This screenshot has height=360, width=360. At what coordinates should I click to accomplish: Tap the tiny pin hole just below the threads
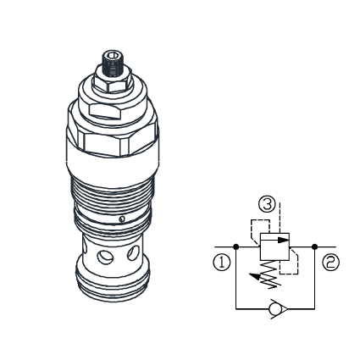(123, 219)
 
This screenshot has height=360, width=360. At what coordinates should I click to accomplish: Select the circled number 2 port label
(330, 263)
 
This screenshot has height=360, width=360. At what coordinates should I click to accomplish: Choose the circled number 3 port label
(268, 204)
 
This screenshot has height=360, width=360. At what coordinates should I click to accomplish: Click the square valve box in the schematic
(274, 247)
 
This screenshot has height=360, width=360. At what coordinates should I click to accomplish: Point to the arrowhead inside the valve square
(284, 240)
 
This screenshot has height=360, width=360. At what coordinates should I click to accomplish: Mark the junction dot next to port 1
(235, 246)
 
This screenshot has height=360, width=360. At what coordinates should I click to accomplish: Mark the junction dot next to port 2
(314, 246)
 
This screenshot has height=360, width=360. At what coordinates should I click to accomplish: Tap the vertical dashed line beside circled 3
(282, 212)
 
